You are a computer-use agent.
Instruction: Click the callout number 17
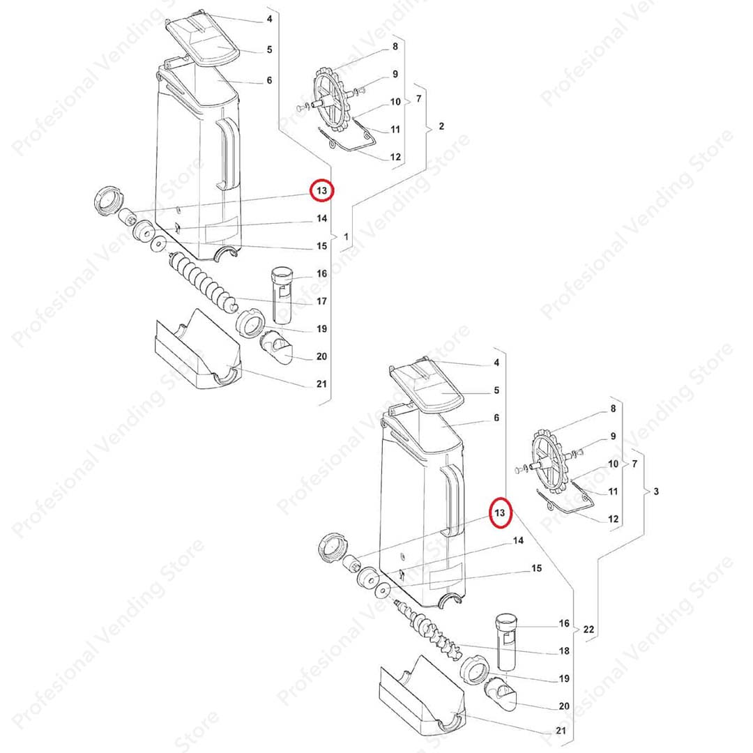coord(321,301)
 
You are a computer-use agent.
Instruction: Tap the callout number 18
coord(564,651)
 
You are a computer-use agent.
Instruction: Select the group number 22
coord(588,629)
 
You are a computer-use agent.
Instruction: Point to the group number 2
coord(441,126)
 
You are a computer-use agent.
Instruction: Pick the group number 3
coord(656,492)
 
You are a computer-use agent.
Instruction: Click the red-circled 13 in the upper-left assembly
coord(321,190)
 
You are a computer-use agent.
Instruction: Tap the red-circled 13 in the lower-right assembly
coord(500,513)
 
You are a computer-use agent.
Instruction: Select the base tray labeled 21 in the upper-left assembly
coord(197,351)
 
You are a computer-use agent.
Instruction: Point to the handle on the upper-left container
coord(227,153)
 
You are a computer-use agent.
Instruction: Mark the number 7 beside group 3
coord(635,464)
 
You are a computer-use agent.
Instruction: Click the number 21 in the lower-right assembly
coord(561,731)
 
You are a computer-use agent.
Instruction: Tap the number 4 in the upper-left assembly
coord(269,19)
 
